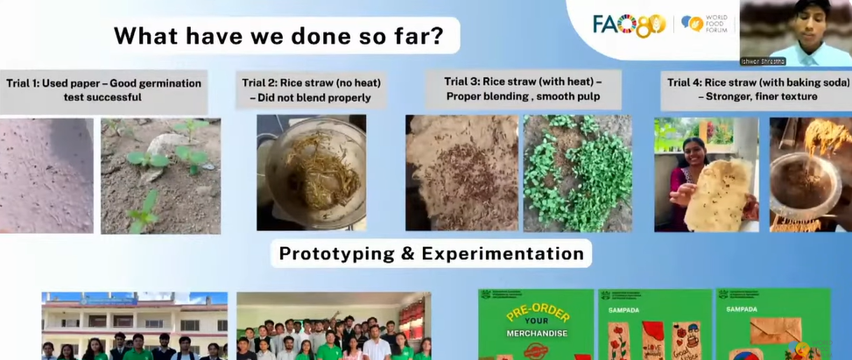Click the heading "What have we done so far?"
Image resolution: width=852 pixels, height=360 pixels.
278,37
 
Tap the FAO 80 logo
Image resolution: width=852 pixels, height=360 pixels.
629,25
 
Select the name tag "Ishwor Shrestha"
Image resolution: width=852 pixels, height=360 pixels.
768,61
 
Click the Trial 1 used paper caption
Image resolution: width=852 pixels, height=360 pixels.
103,90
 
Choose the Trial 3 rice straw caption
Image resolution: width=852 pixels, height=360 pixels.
523,88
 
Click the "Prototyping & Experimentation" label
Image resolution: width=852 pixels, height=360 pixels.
431,254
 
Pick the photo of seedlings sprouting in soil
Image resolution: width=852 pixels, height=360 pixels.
160,175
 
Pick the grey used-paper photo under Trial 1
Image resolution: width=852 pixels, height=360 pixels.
46,175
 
